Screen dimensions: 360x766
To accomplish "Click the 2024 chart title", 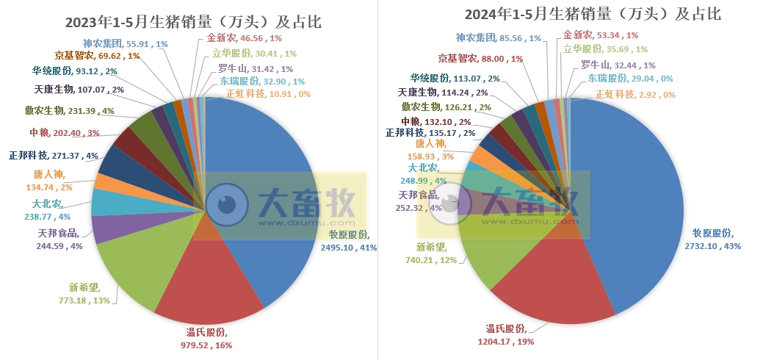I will (572, 14).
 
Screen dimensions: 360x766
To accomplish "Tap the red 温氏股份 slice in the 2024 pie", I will (551, 287).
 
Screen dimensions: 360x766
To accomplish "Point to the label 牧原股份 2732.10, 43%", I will (718, 240).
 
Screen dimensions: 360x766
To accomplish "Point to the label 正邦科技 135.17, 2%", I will (430, 133).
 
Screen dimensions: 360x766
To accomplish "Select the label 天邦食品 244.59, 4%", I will (60, 240).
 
